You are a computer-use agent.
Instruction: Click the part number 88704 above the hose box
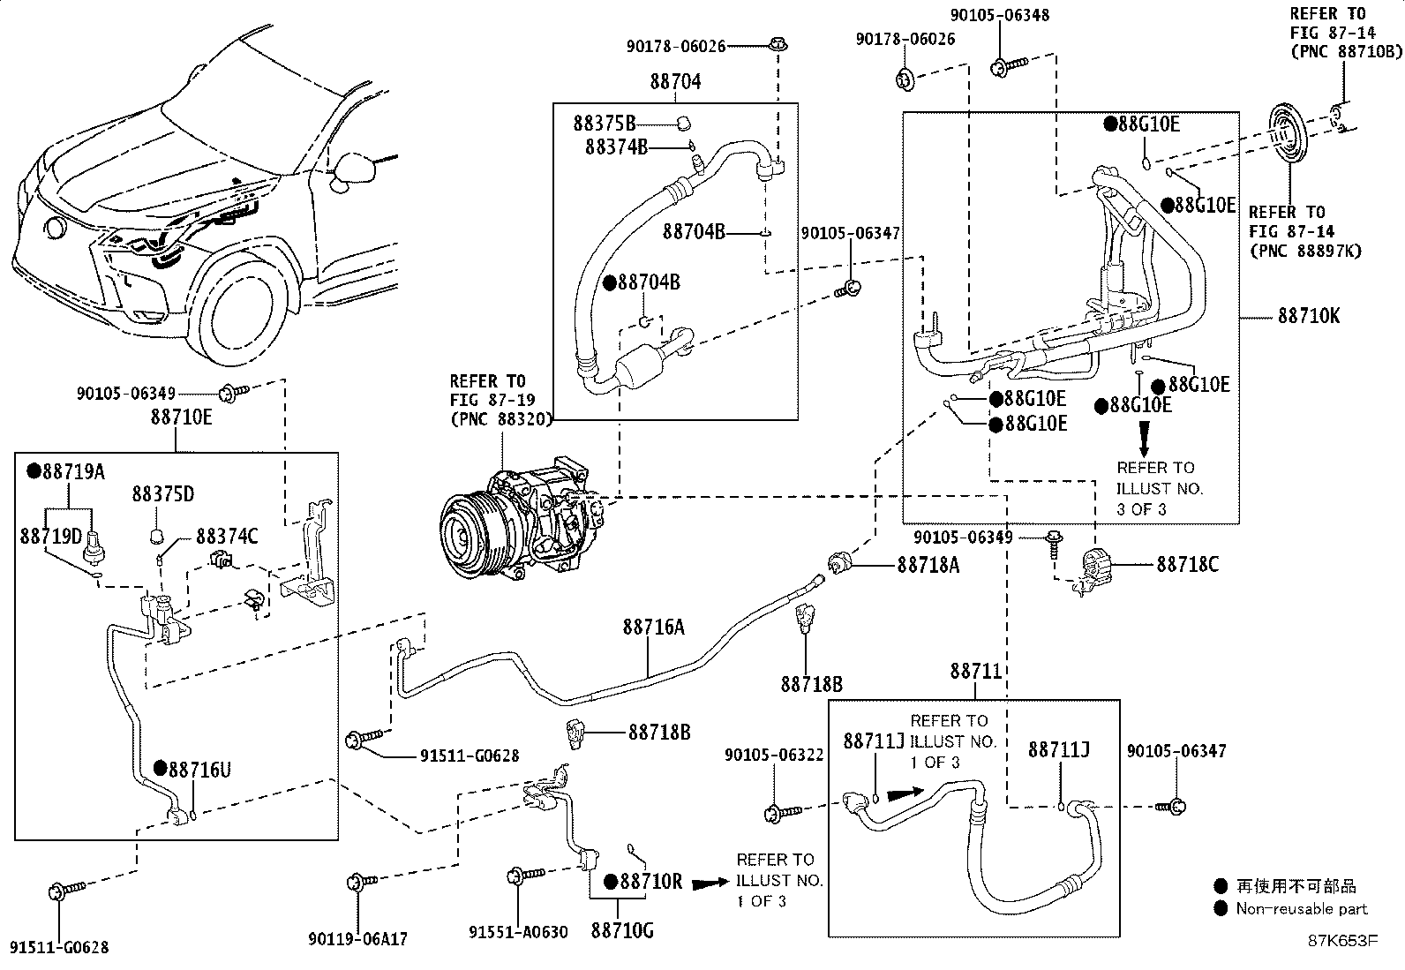675,81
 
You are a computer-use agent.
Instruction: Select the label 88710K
1308,315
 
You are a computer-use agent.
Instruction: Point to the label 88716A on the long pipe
653,627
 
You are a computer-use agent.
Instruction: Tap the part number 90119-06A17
358,939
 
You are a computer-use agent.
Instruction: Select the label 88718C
1187,564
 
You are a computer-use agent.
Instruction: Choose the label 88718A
928,565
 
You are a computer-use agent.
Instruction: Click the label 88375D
163,493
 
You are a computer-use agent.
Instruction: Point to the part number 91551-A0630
519,931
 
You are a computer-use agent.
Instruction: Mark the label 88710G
622,929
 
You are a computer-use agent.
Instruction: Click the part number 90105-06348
999,15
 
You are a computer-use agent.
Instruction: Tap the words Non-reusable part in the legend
1302,908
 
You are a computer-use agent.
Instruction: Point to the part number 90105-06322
774,755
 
